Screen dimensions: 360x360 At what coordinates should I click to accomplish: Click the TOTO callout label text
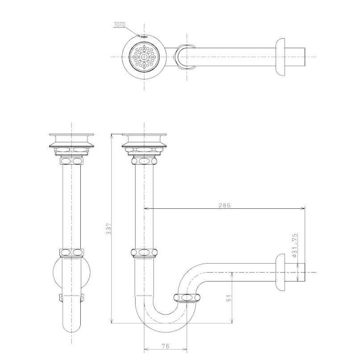[x=120, y=25]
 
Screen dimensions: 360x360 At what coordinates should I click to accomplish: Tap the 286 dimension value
[x=224, y=205]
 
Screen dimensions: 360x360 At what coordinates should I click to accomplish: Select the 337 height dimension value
[x=108, y=228]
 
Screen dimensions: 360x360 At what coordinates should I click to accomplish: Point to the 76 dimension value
[x=166, y=346]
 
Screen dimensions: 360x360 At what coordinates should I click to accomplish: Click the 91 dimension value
[x=229, y=298]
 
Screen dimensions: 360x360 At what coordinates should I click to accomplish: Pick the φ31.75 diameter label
[x=294, y=245]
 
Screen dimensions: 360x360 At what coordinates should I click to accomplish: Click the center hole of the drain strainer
[x=144, y=57]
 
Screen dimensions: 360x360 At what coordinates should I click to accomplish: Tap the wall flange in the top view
[x=280, y=57]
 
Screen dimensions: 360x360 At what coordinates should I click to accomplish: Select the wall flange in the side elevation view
[x=280, y=272]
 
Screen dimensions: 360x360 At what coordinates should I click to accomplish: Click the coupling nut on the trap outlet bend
[x=187, y=298]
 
